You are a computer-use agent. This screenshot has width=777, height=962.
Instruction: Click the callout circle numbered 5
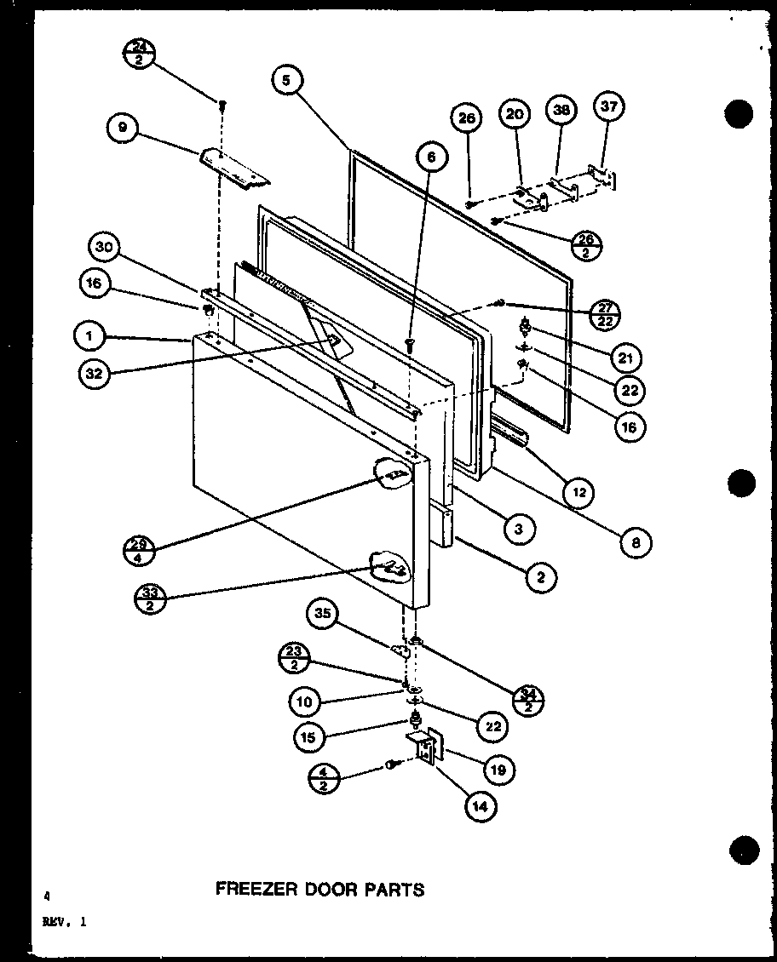tap(287, 81)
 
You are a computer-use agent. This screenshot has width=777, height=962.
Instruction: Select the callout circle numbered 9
tap(123, 129)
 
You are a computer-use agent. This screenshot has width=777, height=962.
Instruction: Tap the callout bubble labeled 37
tap(611, 106)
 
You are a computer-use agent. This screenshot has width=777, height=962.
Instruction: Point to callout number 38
tap(562, 110)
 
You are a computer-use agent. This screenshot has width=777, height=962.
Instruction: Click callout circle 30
tap(103, 248)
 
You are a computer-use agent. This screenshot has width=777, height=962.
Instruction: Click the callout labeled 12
tap(578, 491)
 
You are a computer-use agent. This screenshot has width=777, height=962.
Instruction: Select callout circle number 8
tap(636, 541)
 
